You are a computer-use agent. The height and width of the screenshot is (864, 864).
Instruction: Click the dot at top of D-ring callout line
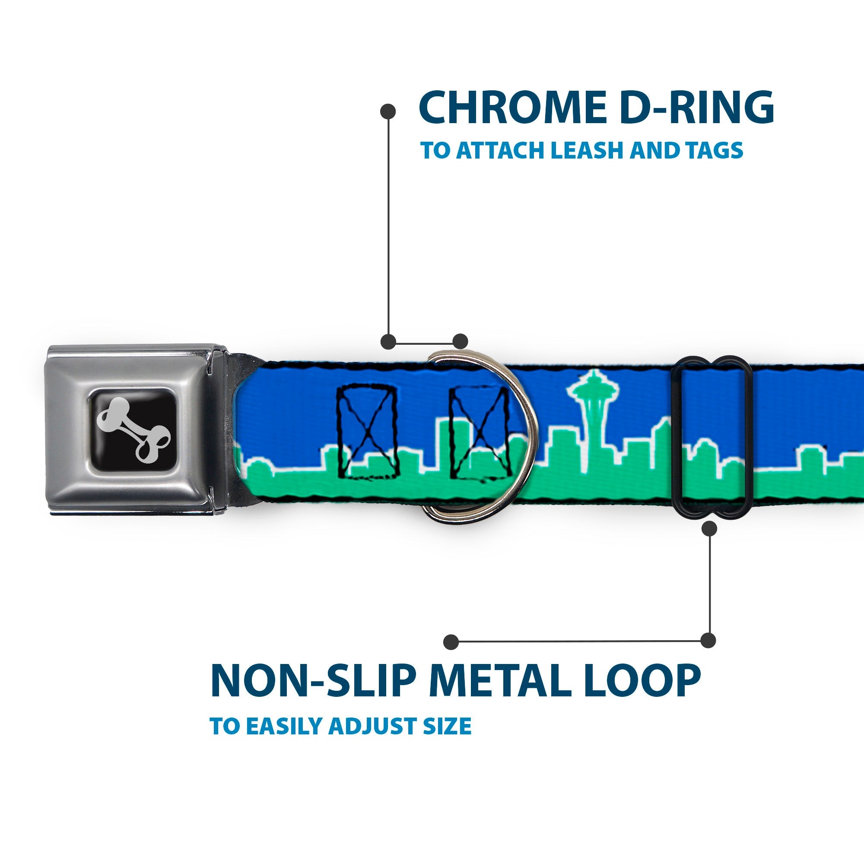388,112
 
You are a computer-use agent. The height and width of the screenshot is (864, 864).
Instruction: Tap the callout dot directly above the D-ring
460,341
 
